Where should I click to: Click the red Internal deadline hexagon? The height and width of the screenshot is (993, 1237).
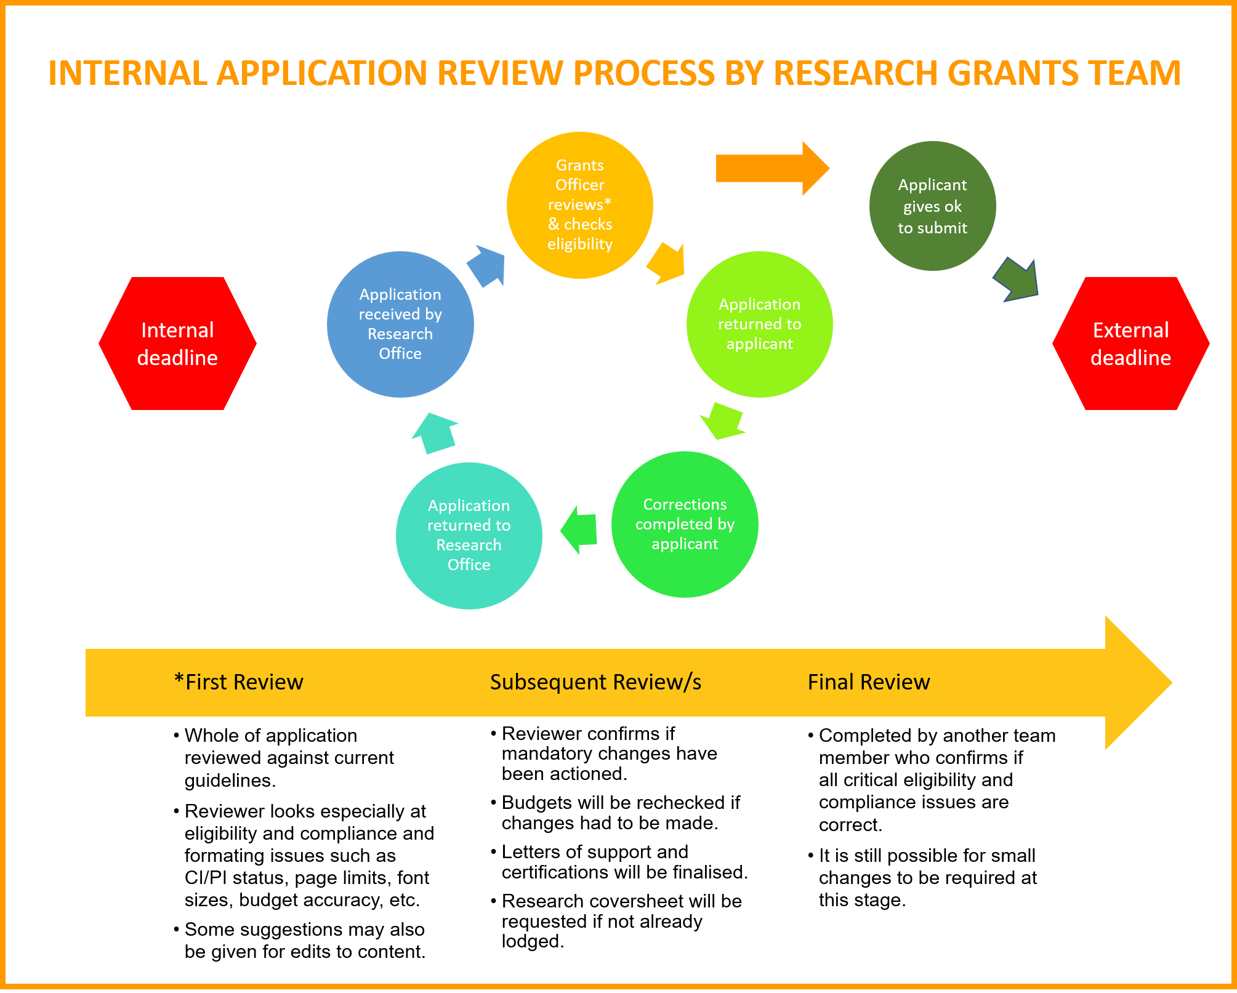click(177, 344)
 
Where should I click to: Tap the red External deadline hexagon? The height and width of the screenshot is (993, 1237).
click(1130, 344)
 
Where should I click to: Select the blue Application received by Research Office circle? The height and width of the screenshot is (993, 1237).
click(400, 324)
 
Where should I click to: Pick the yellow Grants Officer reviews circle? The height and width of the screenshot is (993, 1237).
click(579, 205)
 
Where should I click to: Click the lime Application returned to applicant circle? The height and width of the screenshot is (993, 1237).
click(759, 324)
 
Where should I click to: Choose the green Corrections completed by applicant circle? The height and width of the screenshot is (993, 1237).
click(685, 525)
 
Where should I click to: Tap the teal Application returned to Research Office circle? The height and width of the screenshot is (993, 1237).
click(469, 536)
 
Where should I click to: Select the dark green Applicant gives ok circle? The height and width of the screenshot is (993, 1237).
click(932, 206)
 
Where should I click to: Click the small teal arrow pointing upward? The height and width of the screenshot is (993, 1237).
click(436, 433)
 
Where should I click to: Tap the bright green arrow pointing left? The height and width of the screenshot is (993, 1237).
click(580, 529)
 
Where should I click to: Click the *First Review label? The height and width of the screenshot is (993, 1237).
click(239, 682)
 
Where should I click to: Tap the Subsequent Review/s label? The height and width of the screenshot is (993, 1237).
click(595, 682)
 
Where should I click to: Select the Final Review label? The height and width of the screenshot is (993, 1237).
click(868, 682)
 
